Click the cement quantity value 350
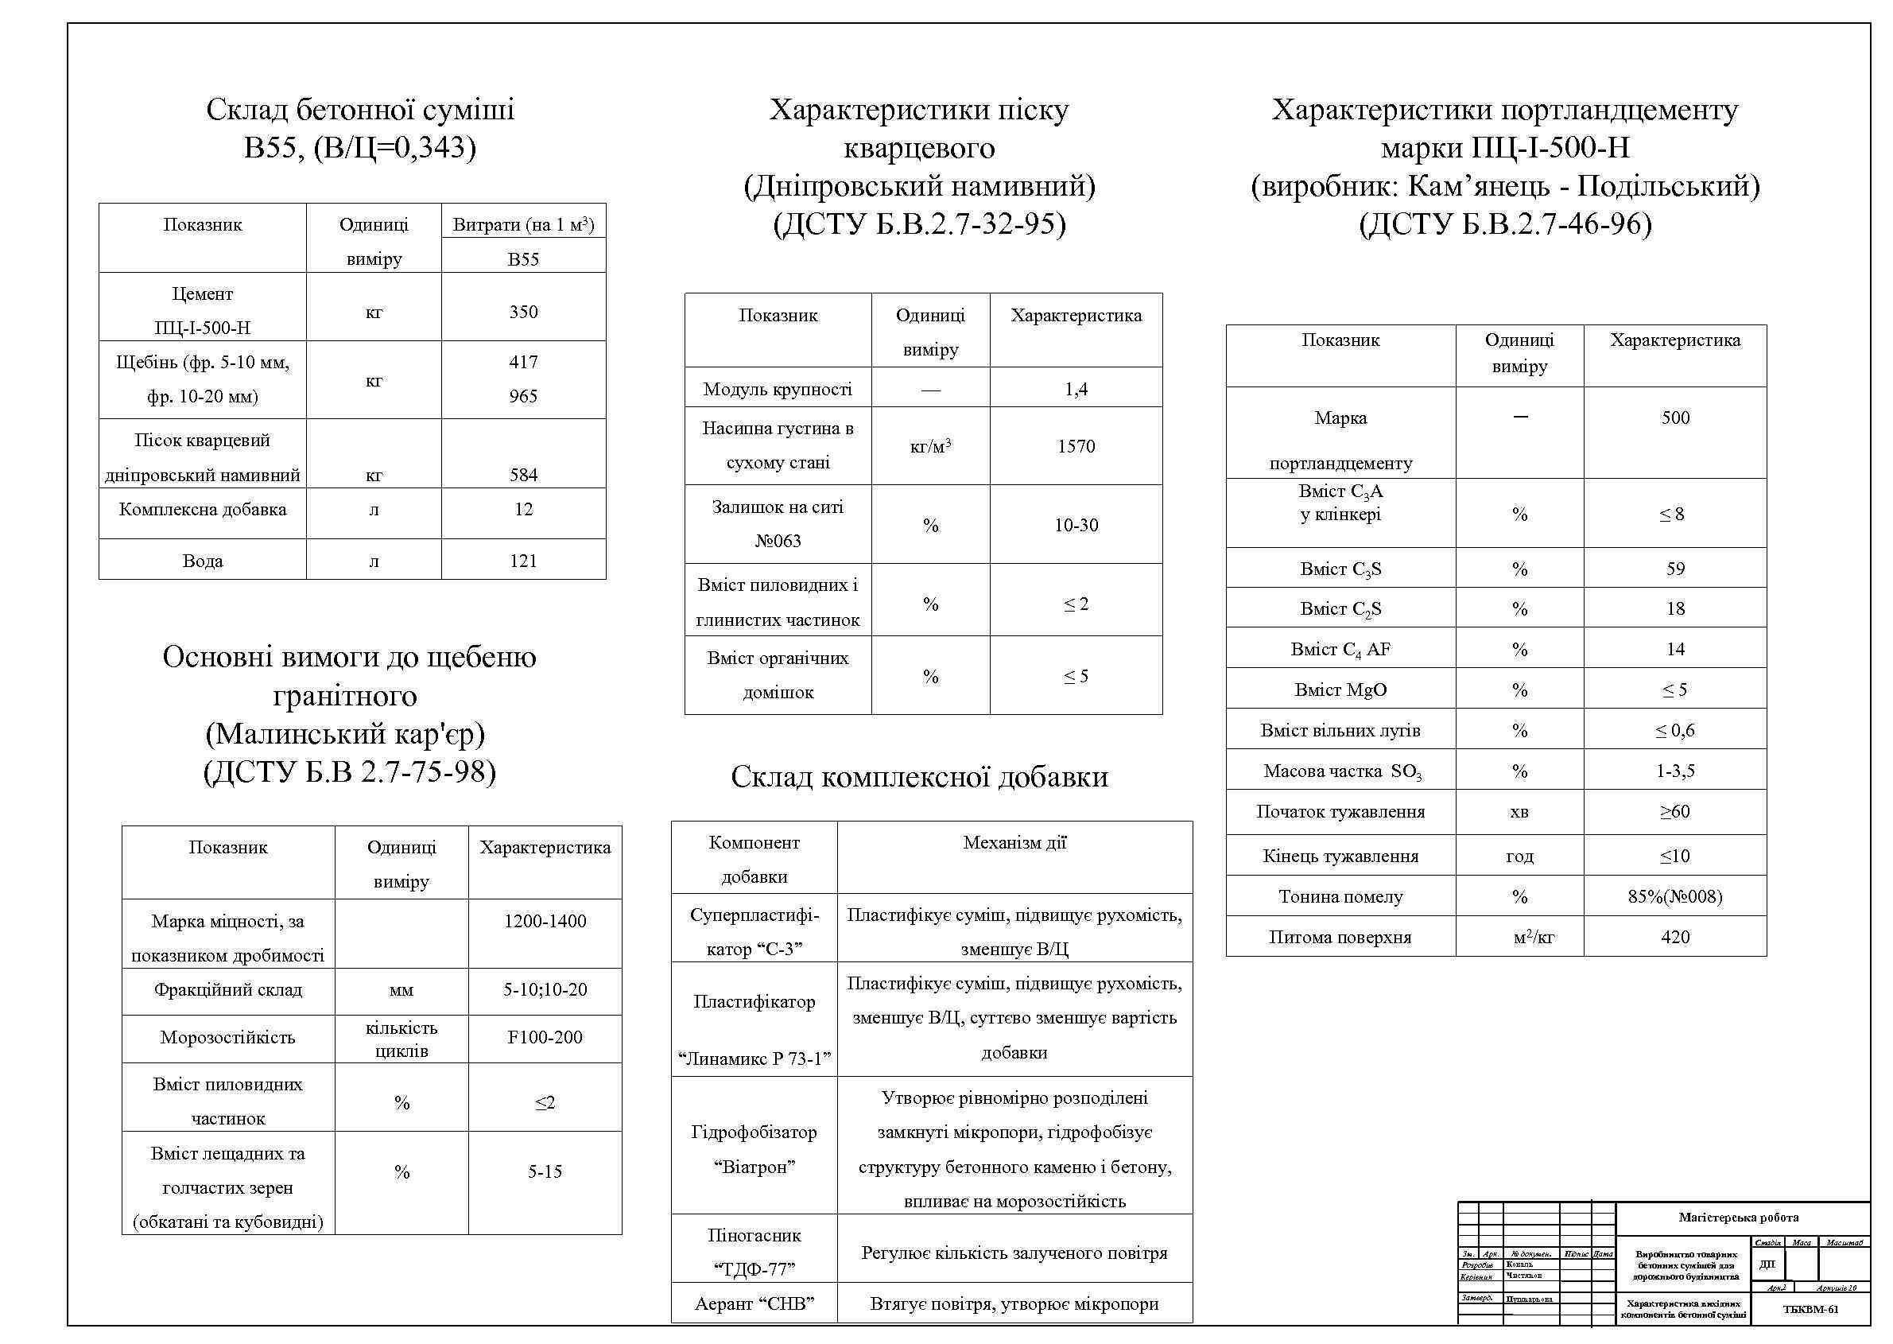tap(523, 312)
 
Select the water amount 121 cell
tap(523, 561)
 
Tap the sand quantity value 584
tap(523, 475)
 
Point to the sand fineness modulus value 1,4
tap(1076, 389)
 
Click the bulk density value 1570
tap(1076, 447)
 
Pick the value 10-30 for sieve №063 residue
tap(1076, 526)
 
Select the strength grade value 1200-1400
tap(545, 921)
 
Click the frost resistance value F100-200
tap(545, 1038)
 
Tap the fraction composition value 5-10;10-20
tap(545, 990)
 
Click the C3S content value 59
tap(1674, 569)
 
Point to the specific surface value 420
tap(1674, 938)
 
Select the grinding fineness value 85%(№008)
tap(1674, 897)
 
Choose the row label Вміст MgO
tap(1340, 690)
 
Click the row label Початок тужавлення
tap(1340, 812)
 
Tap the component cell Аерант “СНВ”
tap(754, 1305)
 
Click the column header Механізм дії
tap(1014, 843)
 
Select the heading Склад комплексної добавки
tap(919, 777)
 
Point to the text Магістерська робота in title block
tap(1738, 1218)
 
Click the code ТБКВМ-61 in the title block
tap(1810, 1309)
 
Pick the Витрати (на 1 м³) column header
tap(523, 224)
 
